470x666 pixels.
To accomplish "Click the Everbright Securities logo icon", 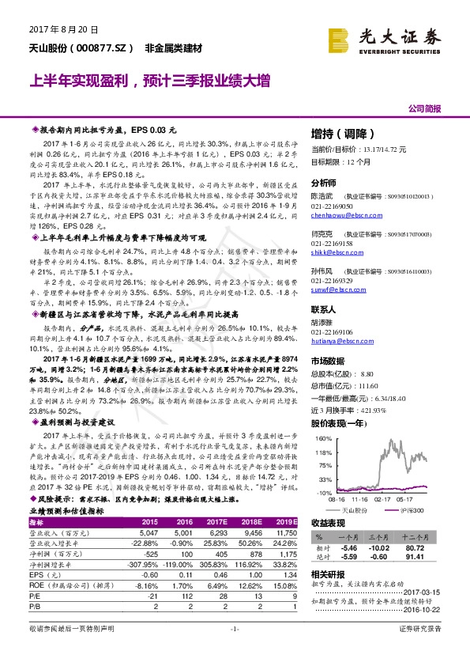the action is [340, 38].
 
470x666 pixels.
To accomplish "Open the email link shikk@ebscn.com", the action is [333, 252].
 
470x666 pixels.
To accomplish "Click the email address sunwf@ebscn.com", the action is [334, 290].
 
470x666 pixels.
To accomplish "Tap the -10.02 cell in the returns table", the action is [381, 547].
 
